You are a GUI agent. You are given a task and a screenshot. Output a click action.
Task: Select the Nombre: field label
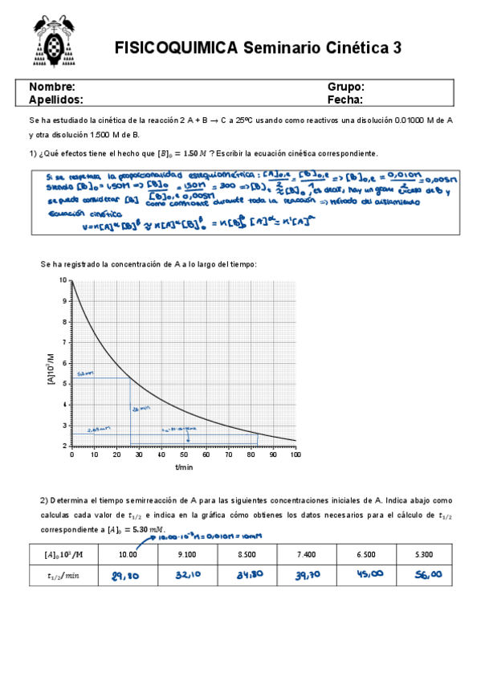(x=53, y=86)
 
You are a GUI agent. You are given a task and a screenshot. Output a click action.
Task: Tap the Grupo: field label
(x=346, y=86)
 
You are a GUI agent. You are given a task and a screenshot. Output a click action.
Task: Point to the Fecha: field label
(x=344, y=100)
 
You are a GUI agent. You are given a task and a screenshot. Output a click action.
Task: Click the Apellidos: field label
(x=56, y=100)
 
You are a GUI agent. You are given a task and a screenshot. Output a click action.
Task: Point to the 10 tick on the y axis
(x=63, y=280)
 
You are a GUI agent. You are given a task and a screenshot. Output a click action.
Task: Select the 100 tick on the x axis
(x=295, y=455)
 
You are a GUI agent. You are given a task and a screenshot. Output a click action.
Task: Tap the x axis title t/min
(x=184, y=467)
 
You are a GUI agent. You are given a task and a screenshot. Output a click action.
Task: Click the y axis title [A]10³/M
(x=53, y=364)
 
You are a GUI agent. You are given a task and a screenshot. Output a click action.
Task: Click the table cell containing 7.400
(x=306, y=553)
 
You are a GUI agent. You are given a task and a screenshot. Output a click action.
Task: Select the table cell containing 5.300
(x=425, y=553)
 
